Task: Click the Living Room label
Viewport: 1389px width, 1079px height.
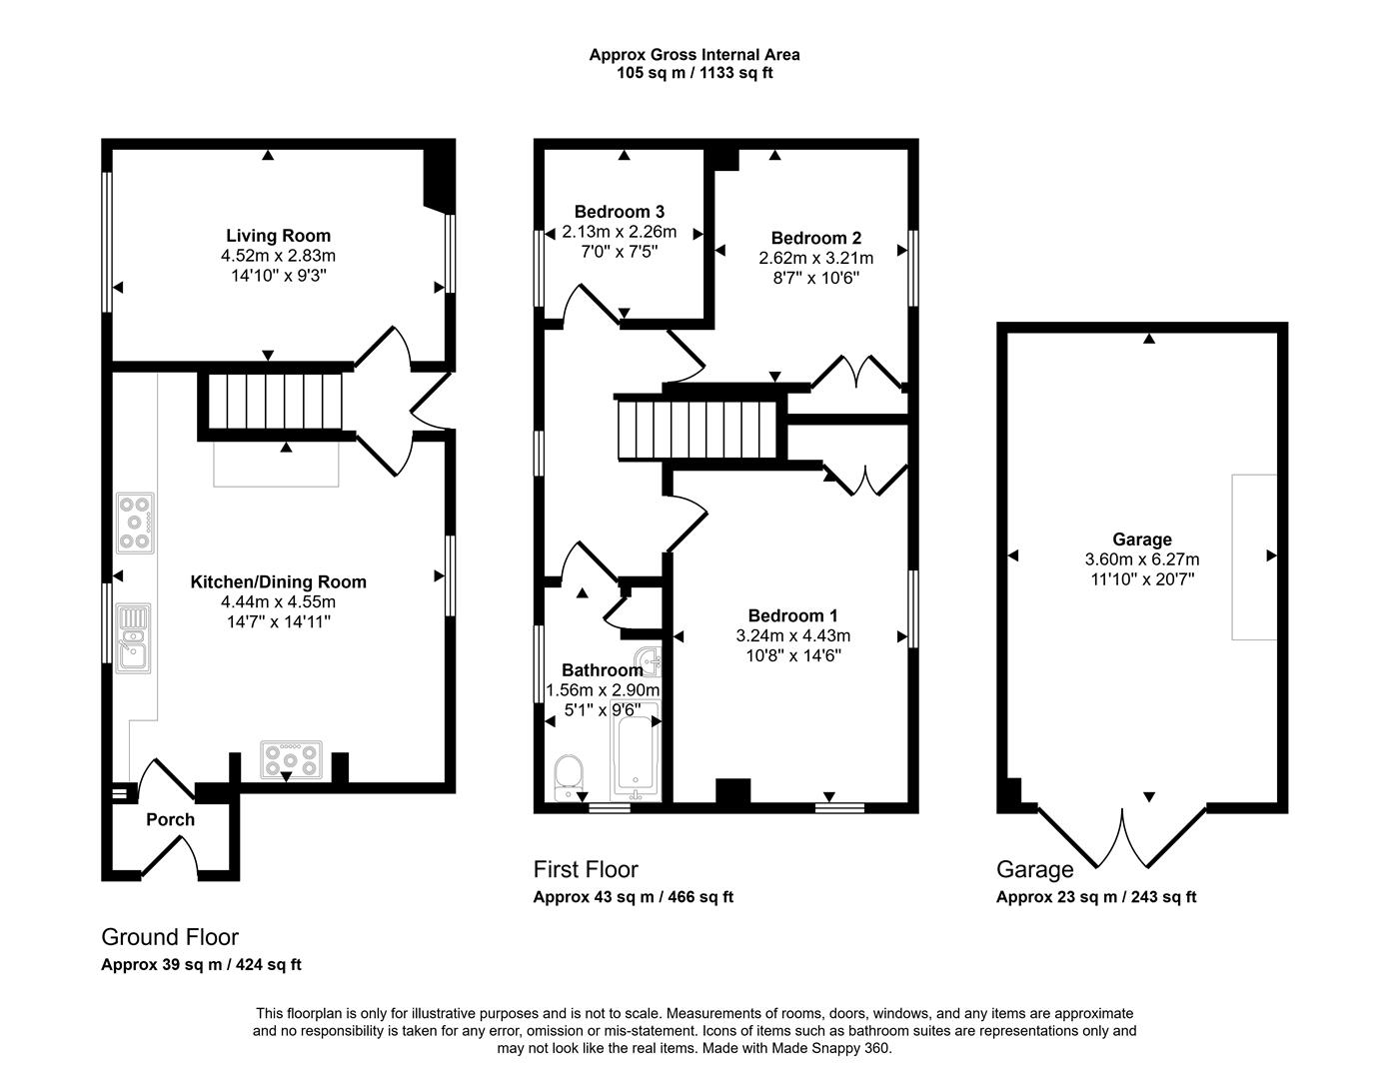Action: tap(278, 236)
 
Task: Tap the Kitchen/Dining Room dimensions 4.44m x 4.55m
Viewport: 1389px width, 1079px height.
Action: tap(278, 601)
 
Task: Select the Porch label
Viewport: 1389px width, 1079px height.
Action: tap(170, 820)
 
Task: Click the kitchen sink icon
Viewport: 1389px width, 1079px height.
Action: tap(133, 638)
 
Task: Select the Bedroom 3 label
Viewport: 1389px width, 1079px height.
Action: tap(619, 212)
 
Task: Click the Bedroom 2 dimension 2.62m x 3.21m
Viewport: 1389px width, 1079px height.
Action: tap(816, 258)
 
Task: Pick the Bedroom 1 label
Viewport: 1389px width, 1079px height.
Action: tap(792, 615)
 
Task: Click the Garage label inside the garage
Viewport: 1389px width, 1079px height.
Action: tap(1141, 539)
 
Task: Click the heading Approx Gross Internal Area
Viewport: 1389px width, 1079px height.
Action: tap(694, 55)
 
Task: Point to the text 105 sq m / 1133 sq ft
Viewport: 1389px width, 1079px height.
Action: tap(694, 73)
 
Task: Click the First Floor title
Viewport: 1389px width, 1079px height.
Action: tap(586, 869)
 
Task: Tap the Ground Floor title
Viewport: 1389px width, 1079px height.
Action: tap(170, 937)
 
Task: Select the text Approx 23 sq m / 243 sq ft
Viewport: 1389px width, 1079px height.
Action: tap(1095, 897)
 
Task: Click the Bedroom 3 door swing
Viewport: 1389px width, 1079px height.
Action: tap(585, 301)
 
